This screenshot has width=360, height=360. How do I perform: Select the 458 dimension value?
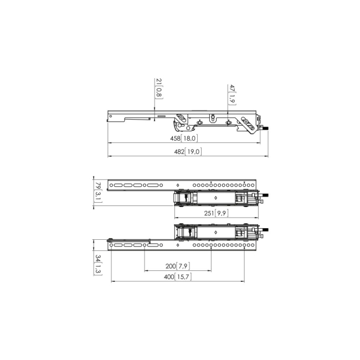point(175,138)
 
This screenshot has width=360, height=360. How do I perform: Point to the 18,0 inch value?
point(190,138)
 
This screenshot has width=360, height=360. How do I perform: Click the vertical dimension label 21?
point(159,82)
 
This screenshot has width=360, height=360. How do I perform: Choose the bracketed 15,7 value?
point(185,277)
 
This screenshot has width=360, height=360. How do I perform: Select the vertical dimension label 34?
point(97,258)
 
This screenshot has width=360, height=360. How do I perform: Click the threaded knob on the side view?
point(264,129)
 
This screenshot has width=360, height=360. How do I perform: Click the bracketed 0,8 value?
point(159,93)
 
